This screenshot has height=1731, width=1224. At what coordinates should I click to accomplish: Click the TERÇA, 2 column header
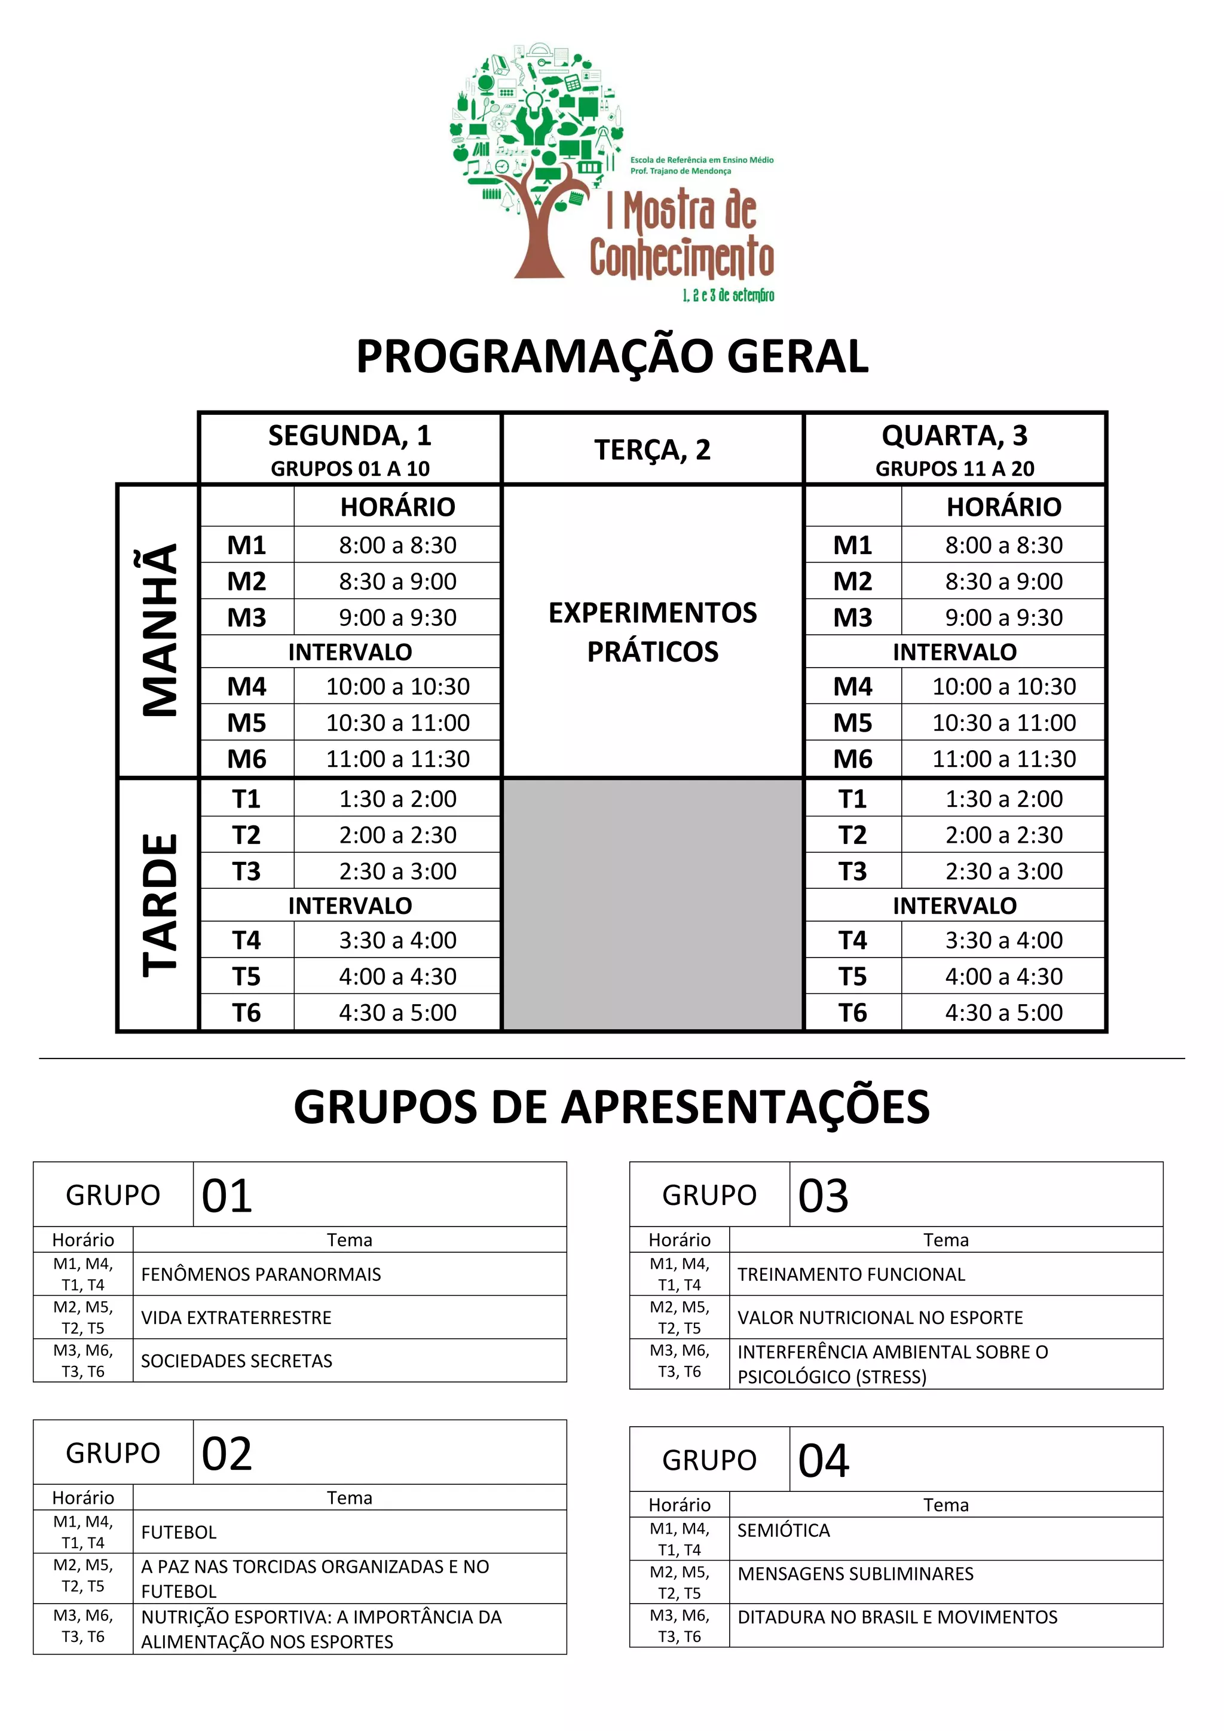(x=652, y=449)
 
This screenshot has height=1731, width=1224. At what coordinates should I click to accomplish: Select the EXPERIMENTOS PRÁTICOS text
(x=652, y=632)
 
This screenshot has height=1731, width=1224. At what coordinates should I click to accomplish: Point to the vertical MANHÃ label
(x=159, y=630)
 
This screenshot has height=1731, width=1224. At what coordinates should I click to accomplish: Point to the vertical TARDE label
(x=159, y=905)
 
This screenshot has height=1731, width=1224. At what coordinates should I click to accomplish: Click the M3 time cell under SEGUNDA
(x=397, y=617)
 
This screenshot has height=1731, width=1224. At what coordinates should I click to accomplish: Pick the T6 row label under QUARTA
(x=852, y=1013)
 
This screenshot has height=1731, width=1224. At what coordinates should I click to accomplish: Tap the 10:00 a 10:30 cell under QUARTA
(x=1003, y=686)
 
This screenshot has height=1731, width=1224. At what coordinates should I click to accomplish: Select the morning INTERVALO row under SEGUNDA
(x=350, y=652)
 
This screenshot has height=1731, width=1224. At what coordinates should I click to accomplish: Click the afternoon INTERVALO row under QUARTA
(x=954, y=906)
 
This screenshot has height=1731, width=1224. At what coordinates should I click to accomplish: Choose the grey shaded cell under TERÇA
(x=652, y=905)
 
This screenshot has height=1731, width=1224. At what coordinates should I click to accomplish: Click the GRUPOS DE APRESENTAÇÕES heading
(x=611, y=1107)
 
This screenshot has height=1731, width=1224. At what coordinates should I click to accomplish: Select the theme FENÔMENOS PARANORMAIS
(x=261, y=1274)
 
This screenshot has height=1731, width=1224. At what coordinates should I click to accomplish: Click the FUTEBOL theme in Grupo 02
(x=179, y=1532)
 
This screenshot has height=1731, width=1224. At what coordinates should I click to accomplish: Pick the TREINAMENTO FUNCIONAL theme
(x=851, y=1274)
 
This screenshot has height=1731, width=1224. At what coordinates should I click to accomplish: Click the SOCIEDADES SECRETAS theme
(x=237, y=1361)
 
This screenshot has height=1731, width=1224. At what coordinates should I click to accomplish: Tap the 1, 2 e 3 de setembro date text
(x=728, y=295)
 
